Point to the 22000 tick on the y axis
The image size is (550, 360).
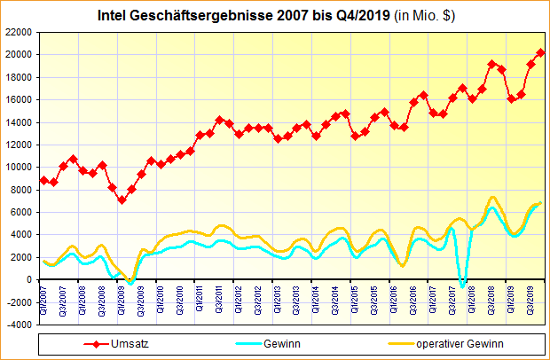(19, 32)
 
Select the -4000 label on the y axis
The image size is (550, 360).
(19, 325)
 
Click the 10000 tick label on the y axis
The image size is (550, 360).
(19, 167)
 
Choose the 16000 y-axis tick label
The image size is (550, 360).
(19, 99)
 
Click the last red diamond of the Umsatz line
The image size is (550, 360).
(541, 53)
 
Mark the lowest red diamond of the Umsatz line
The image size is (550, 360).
(122, 200)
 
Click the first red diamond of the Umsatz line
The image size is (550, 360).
(43, 180)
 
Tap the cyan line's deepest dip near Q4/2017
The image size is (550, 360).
(462, 286)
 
